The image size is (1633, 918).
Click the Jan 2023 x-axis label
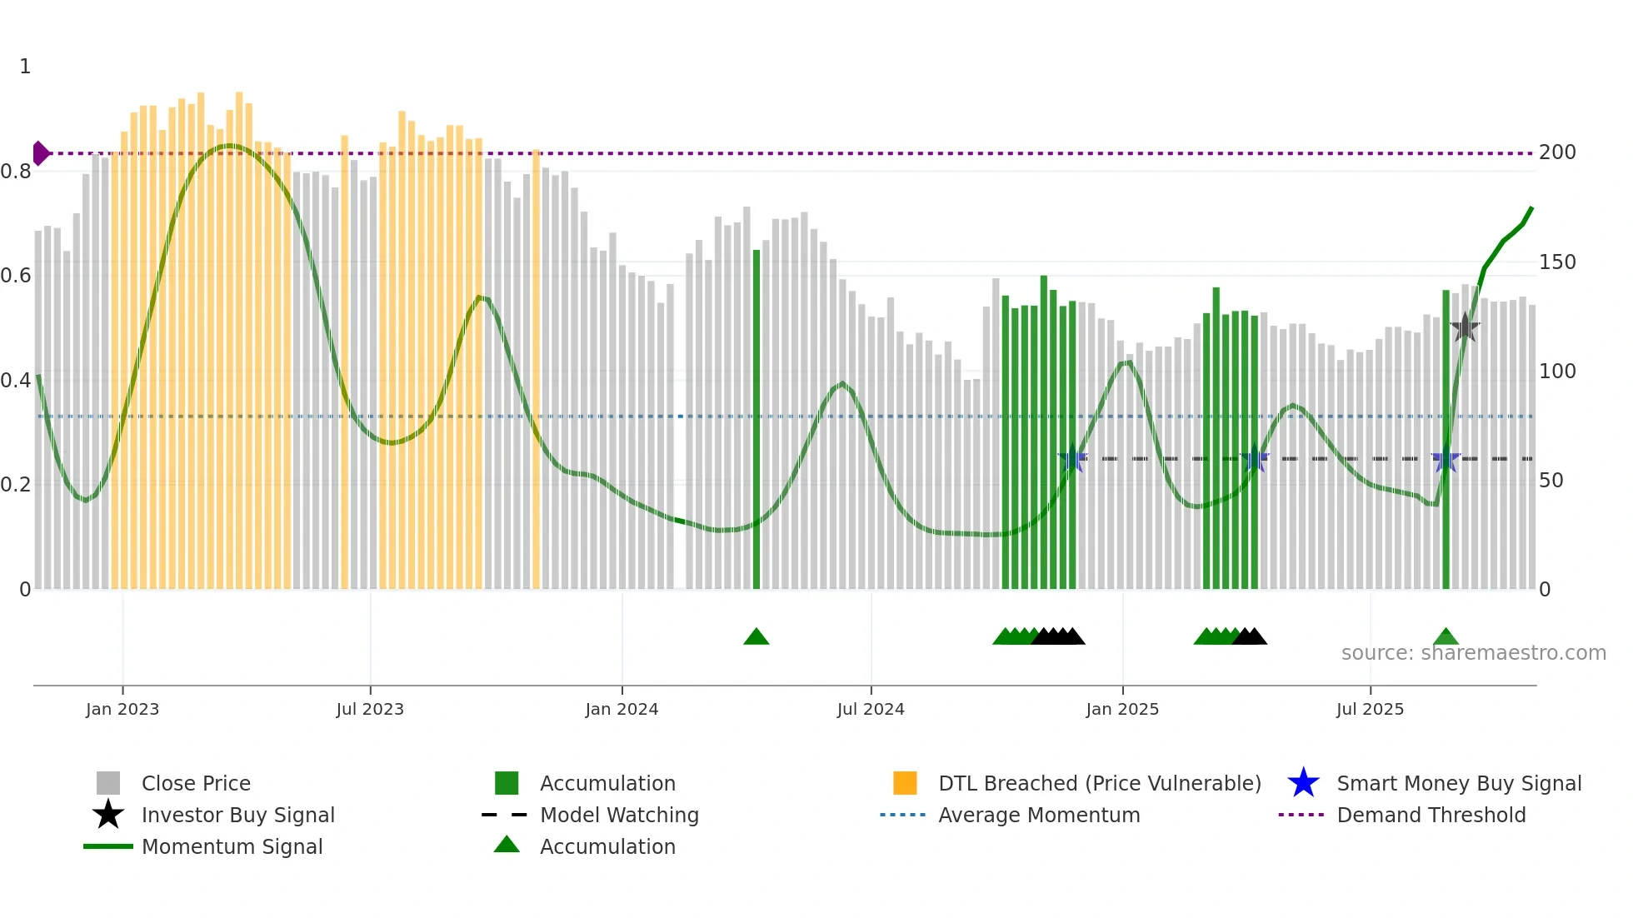click(x=122, y=709)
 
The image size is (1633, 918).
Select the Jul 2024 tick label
click(x=871, y=709)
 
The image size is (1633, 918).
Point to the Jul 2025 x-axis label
click(x=1370, y=709)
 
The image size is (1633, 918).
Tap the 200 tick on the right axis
click(x=1557, y=152)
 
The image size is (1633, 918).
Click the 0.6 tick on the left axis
click(x=16, y=276)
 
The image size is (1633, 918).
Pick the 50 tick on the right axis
click(x=1551, y=481)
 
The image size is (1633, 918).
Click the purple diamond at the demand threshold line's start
click(x=40, y=153)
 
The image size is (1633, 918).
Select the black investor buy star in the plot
click(x=1465, y=327)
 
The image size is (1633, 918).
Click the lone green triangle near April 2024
click(x=757, y=637)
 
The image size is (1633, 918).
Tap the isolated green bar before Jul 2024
click(x=757, y=417)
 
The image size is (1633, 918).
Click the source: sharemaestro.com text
click(x=1473, y=653)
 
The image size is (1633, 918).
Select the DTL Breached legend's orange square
click(x=905, y=783)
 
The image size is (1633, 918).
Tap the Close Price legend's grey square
click(x=108, y=783)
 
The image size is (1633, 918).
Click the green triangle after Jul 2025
click(x=1446, y=637)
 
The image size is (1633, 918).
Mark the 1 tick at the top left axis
click(x=25, y=67)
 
